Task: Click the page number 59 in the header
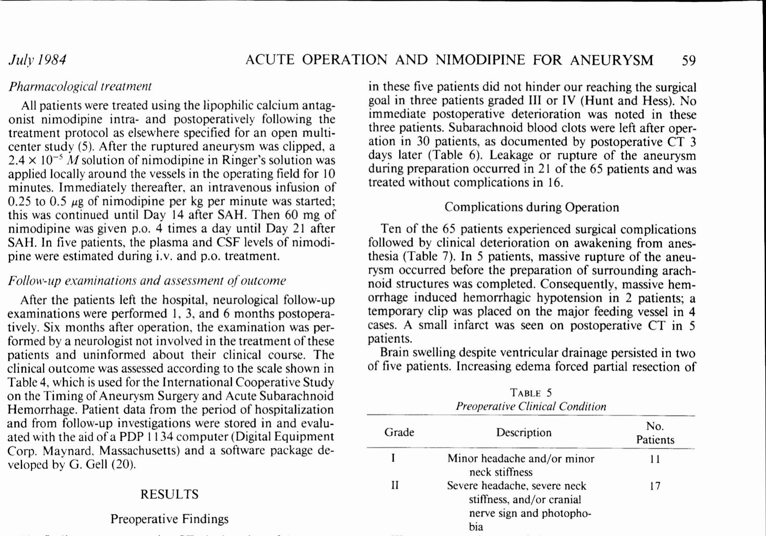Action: (689, 60)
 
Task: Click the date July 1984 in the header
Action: (37, 60)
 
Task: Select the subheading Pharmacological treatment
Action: (80, 87)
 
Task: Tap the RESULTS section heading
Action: (169, 494)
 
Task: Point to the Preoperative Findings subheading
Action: (169, 519)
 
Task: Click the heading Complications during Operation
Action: (531, 207)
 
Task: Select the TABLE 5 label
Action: (531, 393)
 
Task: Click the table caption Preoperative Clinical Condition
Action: (531, 407)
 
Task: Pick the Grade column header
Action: (399, 432)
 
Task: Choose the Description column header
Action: (524, 432)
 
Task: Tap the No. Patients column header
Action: (655, 433)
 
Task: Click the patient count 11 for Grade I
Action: (655, 459)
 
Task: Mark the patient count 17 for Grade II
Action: (655, 486)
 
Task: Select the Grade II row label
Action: (395, 486)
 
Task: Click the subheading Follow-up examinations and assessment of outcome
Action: (147, 281)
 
